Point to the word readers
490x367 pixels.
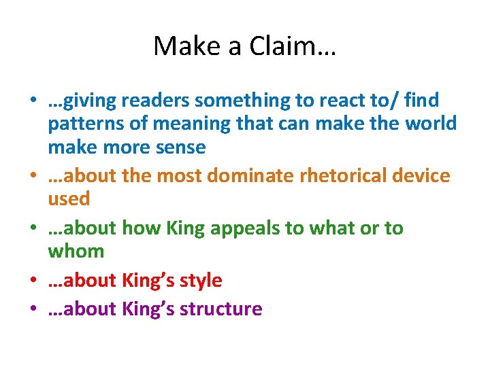click(155, 101)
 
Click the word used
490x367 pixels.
click(69, 199)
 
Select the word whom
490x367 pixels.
click(76, 251)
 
